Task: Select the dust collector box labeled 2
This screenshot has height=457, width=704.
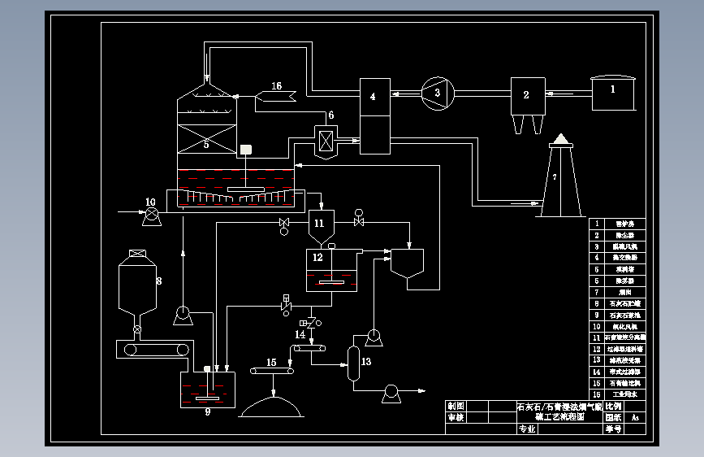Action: pyautogui.click(x=526, y=96)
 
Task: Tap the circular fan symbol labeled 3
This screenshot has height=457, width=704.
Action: pyautogui.click(x=437, y=93)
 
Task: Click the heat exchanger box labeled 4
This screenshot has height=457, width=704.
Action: pyautogui.click(x=374, y=98)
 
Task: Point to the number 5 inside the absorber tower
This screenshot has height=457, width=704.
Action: pyautogui.click(x=206, y=144)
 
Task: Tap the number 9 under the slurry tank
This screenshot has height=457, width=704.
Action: pyautogui.click(x=208, y=412)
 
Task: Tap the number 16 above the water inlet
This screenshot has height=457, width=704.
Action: pyautogui.click(x=277, y=86)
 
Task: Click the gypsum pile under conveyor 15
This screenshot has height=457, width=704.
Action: pyautogui.click(x=272, y=406)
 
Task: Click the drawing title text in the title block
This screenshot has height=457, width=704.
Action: pyautogui.click(x=559, y=411)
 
